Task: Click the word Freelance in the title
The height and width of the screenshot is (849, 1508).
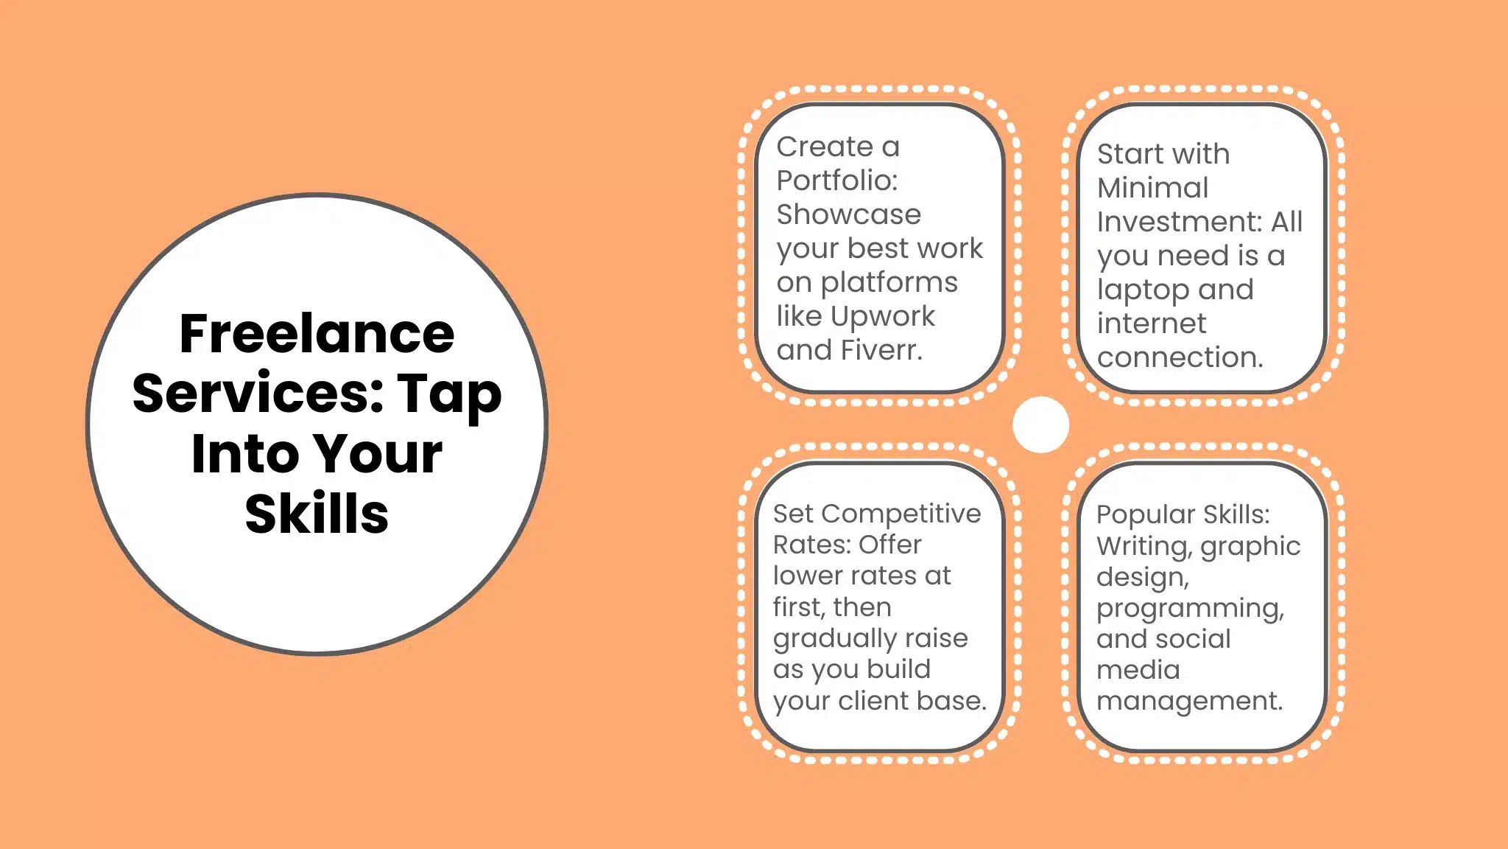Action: (317, 334)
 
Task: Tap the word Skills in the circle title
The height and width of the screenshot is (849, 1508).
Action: (317, 514)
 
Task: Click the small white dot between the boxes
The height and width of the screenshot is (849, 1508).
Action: (1040, 424)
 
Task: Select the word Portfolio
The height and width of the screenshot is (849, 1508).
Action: (836, 181)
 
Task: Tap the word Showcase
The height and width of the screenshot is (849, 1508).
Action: (848, 214)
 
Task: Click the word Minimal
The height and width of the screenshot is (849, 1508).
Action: (1152, 188)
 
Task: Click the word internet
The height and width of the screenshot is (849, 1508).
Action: (1151, 324)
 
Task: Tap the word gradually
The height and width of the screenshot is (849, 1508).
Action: (834, 639)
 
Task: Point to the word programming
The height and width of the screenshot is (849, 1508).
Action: (1189, 609)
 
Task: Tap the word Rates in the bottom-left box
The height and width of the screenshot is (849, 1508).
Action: (808, 545)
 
